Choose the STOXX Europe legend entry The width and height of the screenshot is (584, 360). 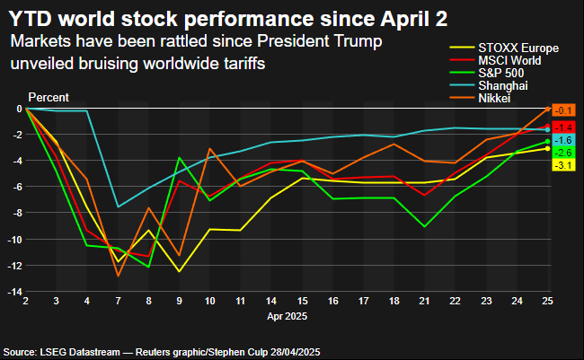coord(513,48)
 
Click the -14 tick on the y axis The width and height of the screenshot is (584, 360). coord(14,292)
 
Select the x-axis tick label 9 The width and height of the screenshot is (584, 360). coord(179,302)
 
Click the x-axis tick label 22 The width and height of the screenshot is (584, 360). coord(457,302)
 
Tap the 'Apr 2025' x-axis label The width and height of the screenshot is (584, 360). coord(288,316)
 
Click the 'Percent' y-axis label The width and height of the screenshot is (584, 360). coord(49,97)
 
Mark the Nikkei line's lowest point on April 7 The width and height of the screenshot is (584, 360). coord(119,276)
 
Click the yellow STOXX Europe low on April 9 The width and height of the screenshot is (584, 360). coord(180,271)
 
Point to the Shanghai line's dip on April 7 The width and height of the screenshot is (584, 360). coord(119,207)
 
